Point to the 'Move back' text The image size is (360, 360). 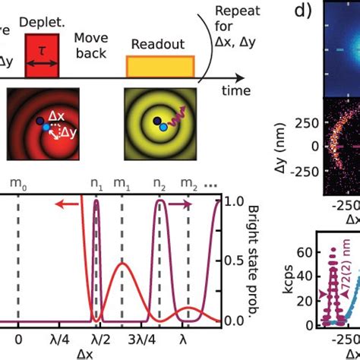[x=92, y=46]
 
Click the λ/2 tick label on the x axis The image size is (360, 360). [x=96, y=339]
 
